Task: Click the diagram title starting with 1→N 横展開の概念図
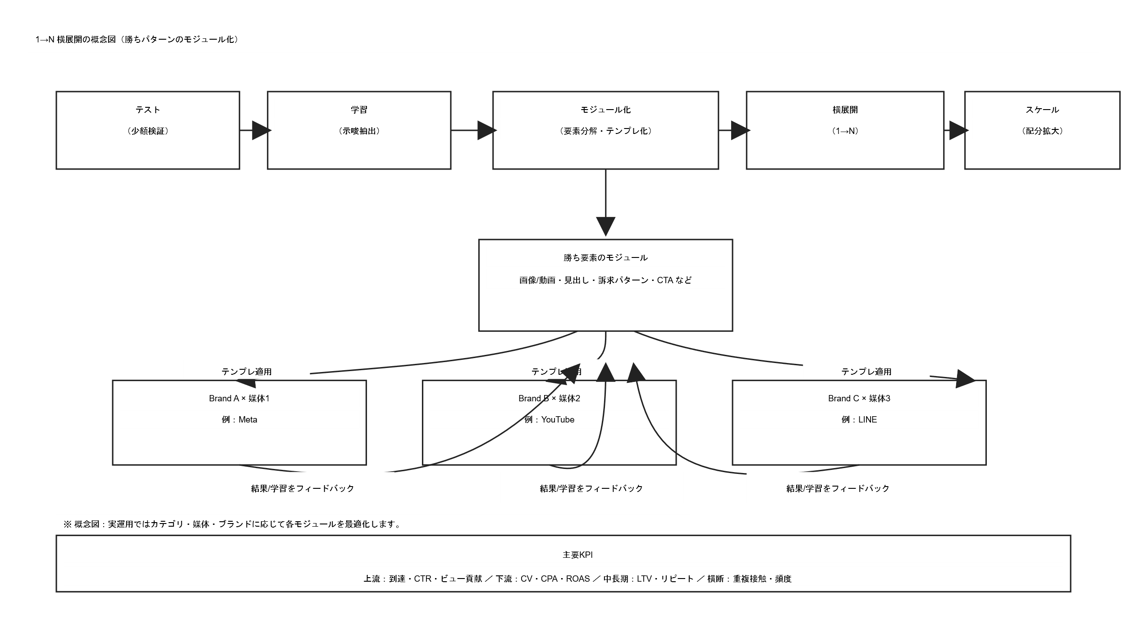(x=137, y=39)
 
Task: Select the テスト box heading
(x=148, y=110)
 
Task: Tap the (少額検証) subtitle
(x=148, y=131)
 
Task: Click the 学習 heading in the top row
(x=359, y=110)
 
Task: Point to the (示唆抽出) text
(x=359, y=131)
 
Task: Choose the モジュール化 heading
(x=605, y=110)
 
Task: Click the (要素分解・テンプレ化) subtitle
(x=605, y=131)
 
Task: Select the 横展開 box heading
(x=845, y=110)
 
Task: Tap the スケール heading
(x=1042, y=110)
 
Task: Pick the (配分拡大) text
(x=1042, y=131)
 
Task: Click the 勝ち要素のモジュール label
(x=605, y=257)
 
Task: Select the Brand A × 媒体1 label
(x=239, y=398)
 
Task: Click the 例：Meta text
(x=239, y=419)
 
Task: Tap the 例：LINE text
(x=859, y=419)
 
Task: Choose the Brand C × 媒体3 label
(x=859, y=398)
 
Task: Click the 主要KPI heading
(x=577, y=555)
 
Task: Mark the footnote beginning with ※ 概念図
(x=233, y=524)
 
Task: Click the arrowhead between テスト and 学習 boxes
(x=261, y=131)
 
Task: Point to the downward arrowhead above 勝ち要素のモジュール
(x=605, y=226)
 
